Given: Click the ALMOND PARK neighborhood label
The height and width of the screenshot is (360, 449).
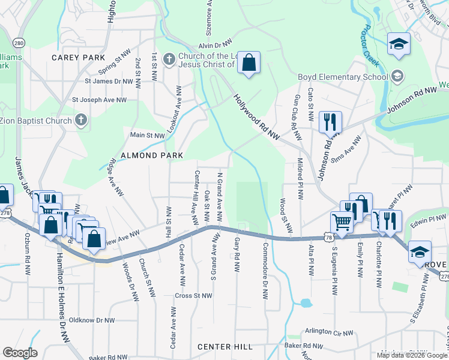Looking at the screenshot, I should (x=143, y=155).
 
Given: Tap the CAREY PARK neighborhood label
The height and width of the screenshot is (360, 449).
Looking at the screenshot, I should (x=78, y=58).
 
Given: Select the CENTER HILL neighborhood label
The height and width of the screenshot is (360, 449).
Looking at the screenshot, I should (x=226, y=347).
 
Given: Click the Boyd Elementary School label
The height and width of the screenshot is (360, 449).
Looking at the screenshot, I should (x=343, y=77).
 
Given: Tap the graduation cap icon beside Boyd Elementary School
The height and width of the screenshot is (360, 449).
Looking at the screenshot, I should (x=397, y=76).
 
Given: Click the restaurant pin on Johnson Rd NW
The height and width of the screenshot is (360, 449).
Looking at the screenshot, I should (x=330, y=123).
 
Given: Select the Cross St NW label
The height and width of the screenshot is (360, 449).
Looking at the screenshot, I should (x=193, y=296).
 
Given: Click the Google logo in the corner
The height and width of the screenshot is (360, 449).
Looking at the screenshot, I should (x=19, y=353).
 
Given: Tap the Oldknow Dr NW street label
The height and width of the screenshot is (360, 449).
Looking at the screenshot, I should (x=92, y=320).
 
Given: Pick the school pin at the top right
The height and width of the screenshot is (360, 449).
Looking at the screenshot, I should (x=399, y=44).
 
